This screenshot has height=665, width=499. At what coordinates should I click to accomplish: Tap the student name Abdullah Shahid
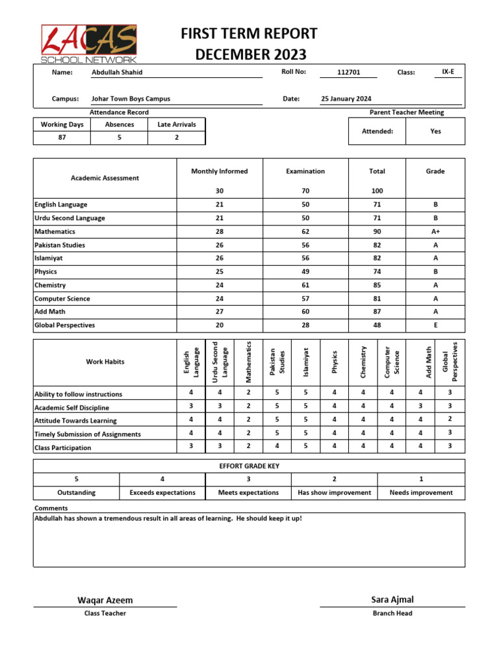tap(117, 72)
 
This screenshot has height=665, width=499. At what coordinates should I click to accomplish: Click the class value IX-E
tap(448, 72)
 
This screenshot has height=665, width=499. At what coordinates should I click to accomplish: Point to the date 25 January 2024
tap(346, 99)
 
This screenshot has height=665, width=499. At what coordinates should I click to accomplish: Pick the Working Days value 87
tap(62, 138)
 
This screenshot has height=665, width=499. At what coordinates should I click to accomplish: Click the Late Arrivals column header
tap(177, 124)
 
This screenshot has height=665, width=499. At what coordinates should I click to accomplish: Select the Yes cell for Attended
tap(435, 131)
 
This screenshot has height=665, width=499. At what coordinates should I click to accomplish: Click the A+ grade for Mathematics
tap(435, 232)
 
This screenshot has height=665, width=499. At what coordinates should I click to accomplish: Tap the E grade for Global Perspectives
tap(435, 325)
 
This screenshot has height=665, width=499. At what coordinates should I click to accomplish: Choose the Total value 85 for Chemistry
tap(377, 285)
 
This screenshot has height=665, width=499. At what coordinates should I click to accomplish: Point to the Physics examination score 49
tap(305, 272)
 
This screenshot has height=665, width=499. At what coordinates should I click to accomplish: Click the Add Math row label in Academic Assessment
tap(50, 312)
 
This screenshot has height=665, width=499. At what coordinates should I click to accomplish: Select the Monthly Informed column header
tap(219, 171)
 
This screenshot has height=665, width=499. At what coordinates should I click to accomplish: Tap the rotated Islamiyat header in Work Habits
tap(306, 362)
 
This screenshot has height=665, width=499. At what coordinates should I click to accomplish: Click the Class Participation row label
tap(62, 448)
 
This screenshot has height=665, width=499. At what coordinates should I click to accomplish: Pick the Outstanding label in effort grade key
tap(76, 493)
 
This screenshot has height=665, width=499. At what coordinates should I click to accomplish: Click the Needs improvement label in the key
tap(421, 493)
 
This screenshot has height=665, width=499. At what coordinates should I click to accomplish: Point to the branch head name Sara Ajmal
tap(392, 599)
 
